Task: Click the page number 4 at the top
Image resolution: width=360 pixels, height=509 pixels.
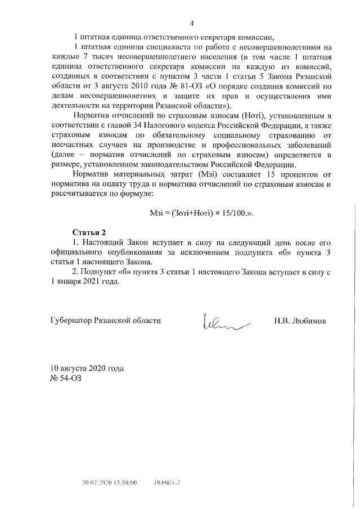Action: pos(192,23)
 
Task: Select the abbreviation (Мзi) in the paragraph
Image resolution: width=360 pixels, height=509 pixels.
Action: pos(209,174)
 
